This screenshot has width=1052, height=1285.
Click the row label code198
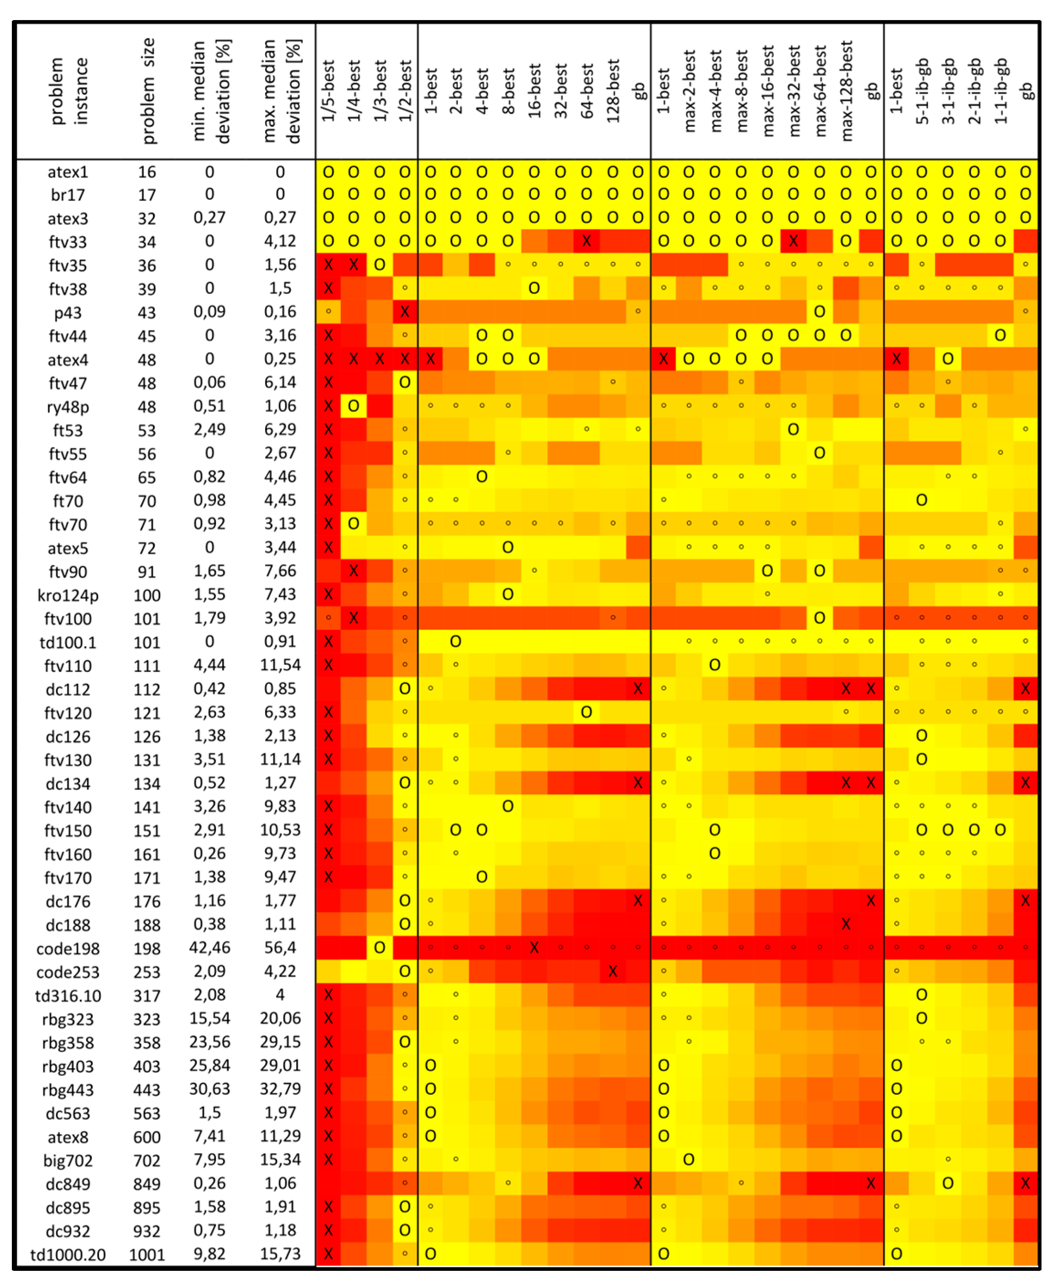pyautogui.click(x=68, y=948)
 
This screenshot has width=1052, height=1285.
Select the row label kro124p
pyautogui.click(x=68, y=595)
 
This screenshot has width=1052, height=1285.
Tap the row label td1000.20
pyautogui.click(x=68, y=1255)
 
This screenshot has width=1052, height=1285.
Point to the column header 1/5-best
pyautogui.click(x=328, y=91)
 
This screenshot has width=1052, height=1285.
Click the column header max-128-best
pyautogui.click(x=846, y=91)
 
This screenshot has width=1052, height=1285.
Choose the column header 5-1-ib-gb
pyautogui.click(x=922, y=91)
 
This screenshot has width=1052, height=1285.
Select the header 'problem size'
pyautogui.click(x=148, y=91)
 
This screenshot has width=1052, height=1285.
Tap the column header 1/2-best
pyautogui.click(x=405, y=91)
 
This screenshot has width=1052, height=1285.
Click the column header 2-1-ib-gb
pyautogui.click(x=974, y=91)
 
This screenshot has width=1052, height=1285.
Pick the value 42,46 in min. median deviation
pyautogui.click(x=209, y=948)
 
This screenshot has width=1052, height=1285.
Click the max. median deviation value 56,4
pyautogui.click(x=280, y=948)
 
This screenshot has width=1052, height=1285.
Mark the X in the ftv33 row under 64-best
pyautogui.click(x=586, y=241)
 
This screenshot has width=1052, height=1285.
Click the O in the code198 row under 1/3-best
pyautogui.click(x=379, y=947)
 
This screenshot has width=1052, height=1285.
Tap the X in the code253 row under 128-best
pyautogui.click(x=612, y=971)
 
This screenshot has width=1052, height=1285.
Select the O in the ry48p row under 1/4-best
pyautogui.click(x=353, y=406)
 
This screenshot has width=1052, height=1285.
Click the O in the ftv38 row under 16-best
pyautogui.click(x=534, y=288)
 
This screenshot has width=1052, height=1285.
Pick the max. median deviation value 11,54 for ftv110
pyautogui.click(x=280, y=665)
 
